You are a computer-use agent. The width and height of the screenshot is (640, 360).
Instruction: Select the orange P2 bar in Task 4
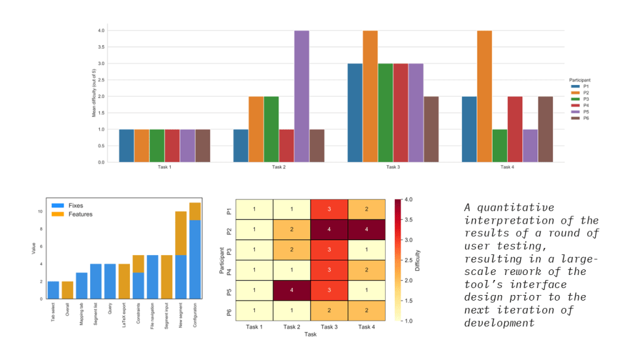tap(484, 96)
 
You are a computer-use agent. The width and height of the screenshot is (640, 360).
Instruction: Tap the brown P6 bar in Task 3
tap(431, 129)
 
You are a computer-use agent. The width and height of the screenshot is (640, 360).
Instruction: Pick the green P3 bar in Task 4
tap(499, 146)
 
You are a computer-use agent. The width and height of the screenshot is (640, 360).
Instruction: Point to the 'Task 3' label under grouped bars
tap(392, 167)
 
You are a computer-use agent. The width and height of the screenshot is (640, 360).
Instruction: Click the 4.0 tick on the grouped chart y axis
tap(101, 31)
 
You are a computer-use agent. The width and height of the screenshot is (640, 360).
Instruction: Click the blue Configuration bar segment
tap(195, 259)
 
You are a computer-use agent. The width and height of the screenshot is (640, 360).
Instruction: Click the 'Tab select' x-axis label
tap(54, 309)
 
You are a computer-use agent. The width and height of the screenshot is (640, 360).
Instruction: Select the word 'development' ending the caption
tap(499, 323)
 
